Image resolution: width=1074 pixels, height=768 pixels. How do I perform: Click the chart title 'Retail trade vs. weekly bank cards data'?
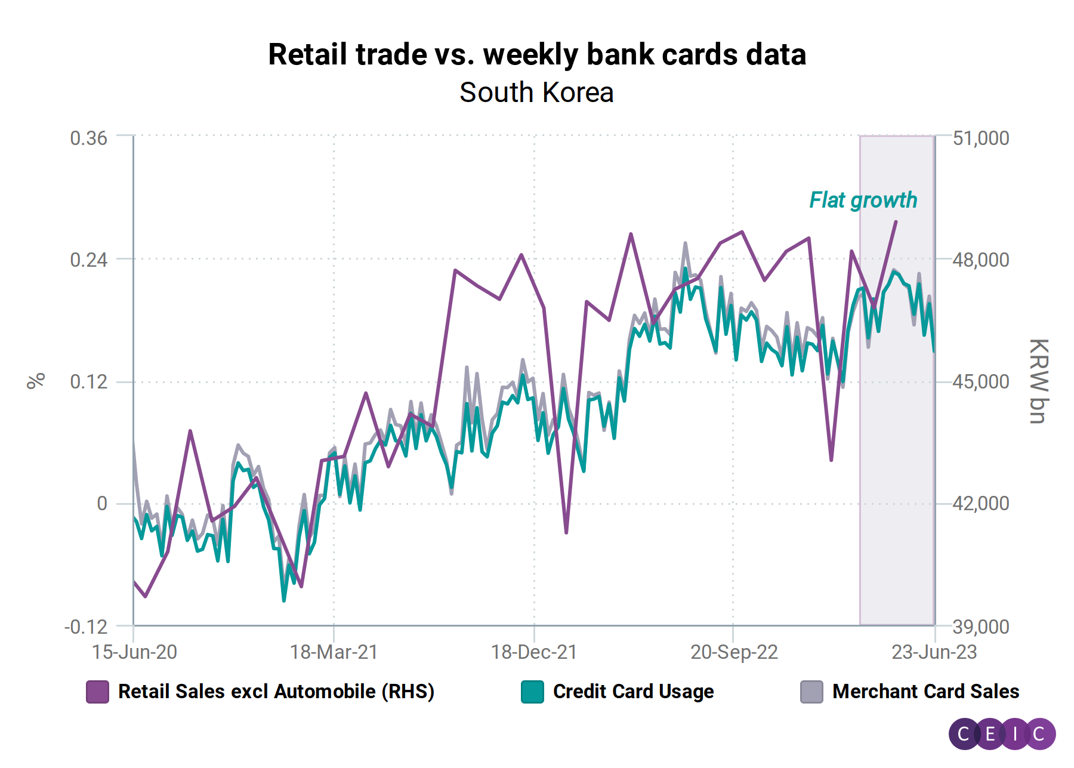point(537,54)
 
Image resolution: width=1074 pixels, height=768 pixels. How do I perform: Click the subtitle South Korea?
point(536,92)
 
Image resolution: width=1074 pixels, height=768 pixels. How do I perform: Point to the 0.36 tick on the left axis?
point(88,138)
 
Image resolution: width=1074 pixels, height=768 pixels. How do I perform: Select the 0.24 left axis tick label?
point(88,260)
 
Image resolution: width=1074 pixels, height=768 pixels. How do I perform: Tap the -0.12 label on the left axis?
point(86,627)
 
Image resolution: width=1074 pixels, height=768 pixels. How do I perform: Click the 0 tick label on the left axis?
point(102,503)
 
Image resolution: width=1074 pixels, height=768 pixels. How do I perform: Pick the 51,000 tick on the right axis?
point(981,138)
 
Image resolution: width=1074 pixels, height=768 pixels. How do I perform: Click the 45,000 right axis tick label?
point(981,381)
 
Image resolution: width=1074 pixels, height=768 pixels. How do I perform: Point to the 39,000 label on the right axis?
point(981,627)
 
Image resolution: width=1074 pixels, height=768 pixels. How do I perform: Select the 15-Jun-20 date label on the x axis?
point(134,652)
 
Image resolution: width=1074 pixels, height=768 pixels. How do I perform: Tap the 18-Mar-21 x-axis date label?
point(334,652)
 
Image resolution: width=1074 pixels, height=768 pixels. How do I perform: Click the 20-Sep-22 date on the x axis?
point(734,652)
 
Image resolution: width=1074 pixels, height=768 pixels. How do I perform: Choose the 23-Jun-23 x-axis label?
point(934,652)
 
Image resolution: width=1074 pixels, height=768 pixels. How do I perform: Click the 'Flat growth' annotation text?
point(863,200)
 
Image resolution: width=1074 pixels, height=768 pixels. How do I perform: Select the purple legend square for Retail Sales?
point(97,692)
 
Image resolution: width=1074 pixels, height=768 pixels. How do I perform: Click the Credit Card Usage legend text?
point(633,692)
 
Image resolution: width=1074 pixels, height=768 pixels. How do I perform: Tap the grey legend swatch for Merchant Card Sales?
point(811,692)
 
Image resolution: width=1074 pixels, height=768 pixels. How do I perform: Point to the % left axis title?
point(36,381)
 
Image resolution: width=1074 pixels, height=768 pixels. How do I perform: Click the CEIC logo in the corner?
point(1002,733)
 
